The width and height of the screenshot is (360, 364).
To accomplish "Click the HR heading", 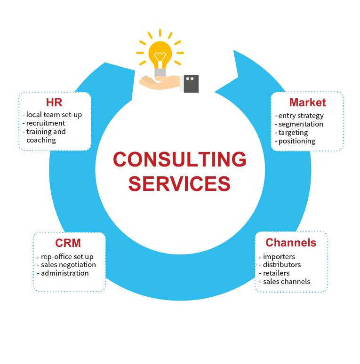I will click(x=54, y=103).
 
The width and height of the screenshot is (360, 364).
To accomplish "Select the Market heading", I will click(x=307, y=103).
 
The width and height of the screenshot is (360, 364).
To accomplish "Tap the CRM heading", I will click(x=68, y=243).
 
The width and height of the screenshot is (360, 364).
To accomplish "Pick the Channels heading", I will click(x=291, y=243).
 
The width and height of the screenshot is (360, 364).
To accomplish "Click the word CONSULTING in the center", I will click(x=179, y=160).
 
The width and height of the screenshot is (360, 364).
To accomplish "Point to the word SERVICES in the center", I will click(x=179, y=183).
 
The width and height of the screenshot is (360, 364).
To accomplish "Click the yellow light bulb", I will click(x=160, y=54).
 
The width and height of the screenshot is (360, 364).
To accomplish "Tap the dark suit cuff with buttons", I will click(x=191, y=83).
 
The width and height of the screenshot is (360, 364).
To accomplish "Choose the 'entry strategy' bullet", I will click(x=301, y=116).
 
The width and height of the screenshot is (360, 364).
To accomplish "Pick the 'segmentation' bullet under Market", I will click(x=300, y=124).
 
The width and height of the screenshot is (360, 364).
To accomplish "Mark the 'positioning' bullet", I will click(x=296, y=141).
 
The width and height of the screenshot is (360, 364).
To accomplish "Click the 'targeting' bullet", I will click(x=293, y=133).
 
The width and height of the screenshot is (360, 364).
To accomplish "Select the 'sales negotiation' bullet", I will click(x=68, y=265).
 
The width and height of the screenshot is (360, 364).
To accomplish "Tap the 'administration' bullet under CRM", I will click(x=64, y=273).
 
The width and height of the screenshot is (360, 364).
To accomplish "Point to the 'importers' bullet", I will click(x=279, y=257).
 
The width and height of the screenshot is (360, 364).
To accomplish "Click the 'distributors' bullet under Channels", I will click(x=281, y=265).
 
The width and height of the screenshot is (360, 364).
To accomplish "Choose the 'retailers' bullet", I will click(x=276, y=273).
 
